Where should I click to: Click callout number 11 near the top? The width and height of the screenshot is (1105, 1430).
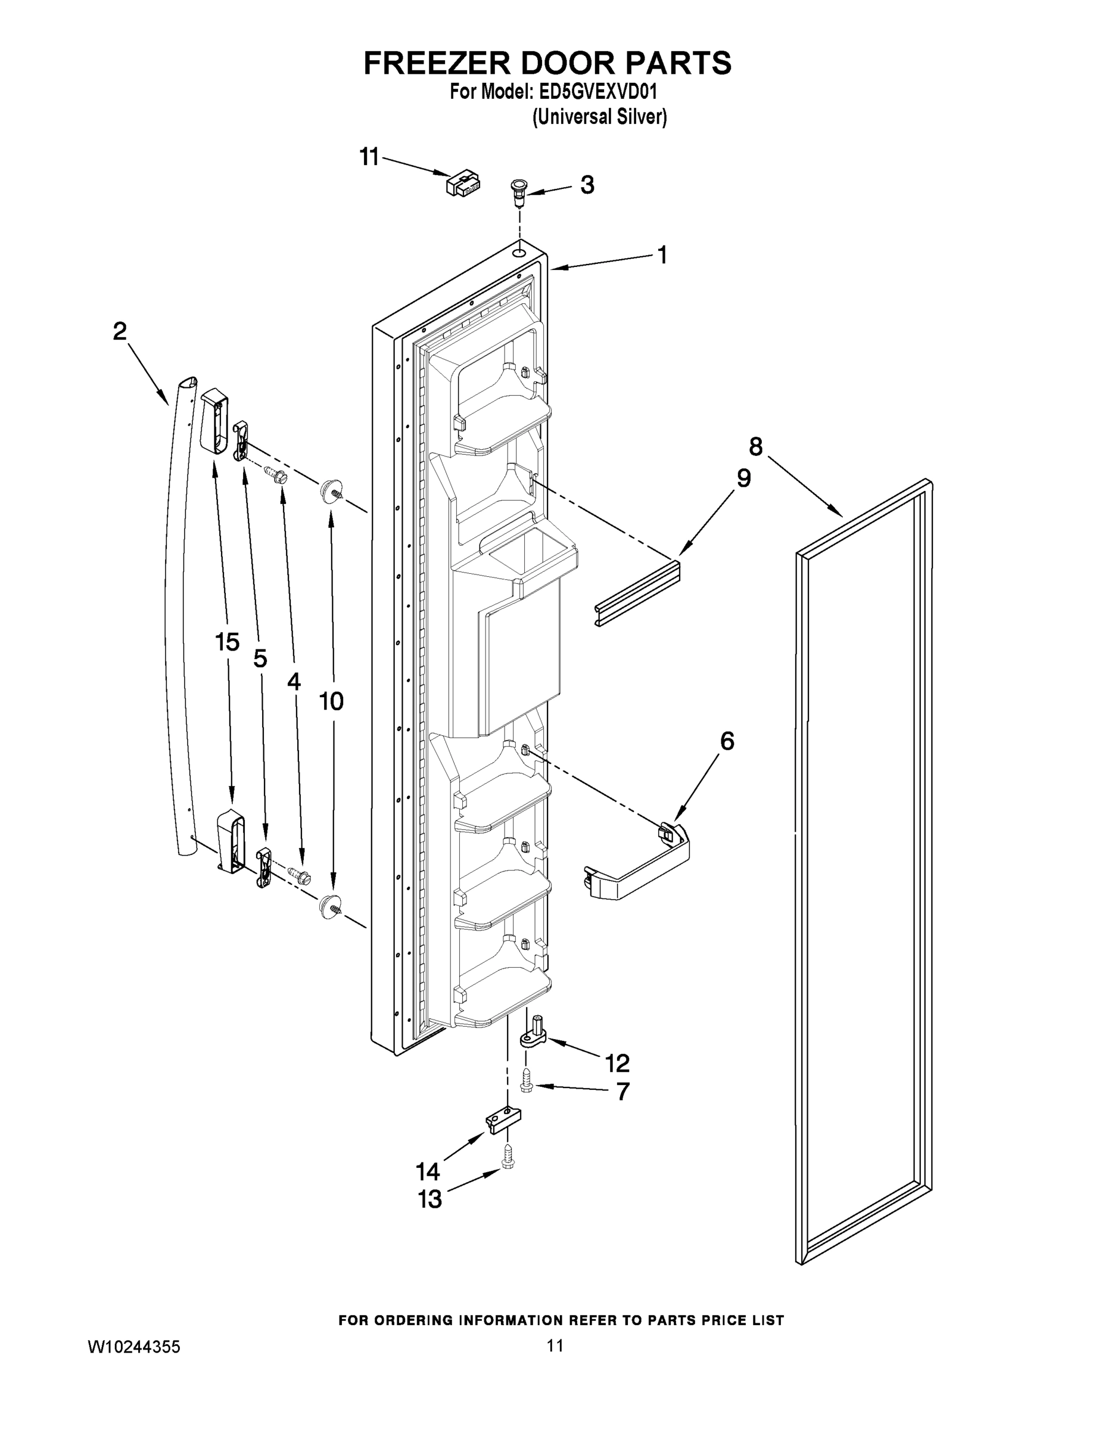click(x=369, y=157)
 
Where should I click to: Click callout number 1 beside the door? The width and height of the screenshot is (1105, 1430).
click(x=662, y=254)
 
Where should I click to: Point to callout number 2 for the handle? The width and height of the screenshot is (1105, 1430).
click(x=119, y=331)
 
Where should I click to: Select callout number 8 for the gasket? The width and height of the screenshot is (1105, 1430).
click(x=756, y=447)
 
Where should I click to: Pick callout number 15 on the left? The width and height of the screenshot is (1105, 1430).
click(x=227, y=642)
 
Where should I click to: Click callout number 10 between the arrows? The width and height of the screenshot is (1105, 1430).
click(x=331, y=701)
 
